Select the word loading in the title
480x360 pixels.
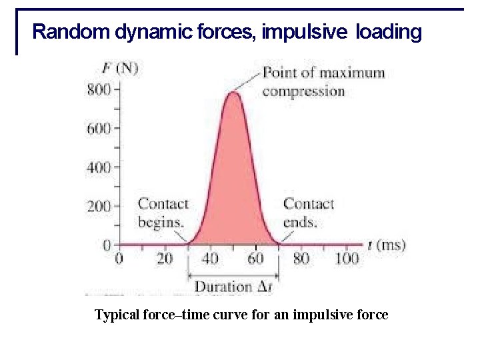click(389, 31)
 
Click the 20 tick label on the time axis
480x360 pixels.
click(165, 259)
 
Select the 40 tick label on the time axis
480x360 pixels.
click(210, 259)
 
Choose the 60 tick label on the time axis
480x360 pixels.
click(255, 259)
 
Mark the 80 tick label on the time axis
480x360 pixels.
click(301, 259)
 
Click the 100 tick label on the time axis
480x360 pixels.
click(347, 259)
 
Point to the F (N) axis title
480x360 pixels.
click(120, 67)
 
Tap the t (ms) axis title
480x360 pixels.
click(386, 245)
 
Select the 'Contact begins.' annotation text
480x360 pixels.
click(162, 212)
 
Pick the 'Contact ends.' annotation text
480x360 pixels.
click(308, 212)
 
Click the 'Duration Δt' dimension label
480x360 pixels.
click(233, 287)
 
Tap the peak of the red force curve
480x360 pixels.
click(233, 93)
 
